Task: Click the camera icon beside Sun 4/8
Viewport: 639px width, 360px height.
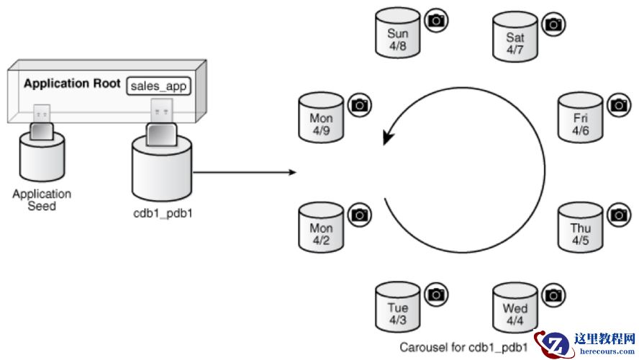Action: click(x=435, y=21)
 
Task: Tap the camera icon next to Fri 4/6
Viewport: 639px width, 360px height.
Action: click(x=618, y=105)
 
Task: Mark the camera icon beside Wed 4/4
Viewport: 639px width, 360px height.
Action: click(x=553, y=294)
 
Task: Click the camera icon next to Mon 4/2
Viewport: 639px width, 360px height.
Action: click(x=359, y=214)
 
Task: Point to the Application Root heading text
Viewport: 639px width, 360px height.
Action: click(x=72, y=84)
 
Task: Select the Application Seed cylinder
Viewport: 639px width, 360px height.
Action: click(x=42, y=160)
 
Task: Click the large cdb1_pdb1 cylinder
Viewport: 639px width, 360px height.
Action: click(x=162, y=171)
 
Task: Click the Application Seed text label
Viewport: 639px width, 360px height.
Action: click(x=42, y=199)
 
